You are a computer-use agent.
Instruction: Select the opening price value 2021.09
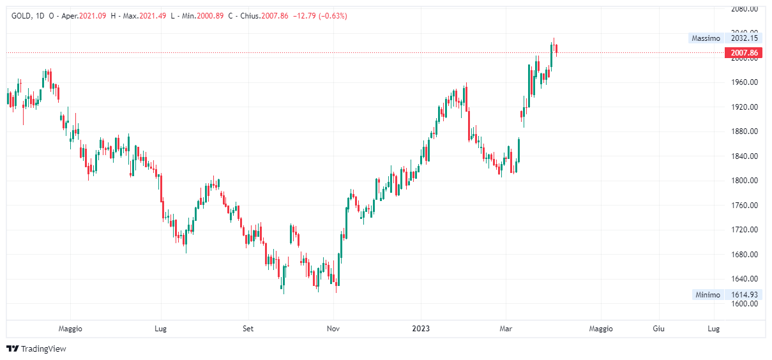point(93,15)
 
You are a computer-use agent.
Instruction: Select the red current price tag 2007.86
point(744,53)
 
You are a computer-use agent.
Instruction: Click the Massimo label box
point(706,38)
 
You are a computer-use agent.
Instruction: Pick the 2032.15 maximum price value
point(744,38)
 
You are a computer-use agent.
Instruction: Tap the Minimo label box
point(708,295)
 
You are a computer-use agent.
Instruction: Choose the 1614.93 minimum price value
point(744,295)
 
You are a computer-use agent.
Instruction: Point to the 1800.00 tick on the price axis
point(745,181)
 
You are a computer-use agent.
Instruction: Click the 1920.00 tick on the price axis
point(745,107)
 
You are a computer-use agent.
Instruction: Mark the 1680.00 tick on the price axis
point(745,255)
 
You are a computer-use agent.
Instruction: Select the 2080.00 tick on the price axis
point(745,9)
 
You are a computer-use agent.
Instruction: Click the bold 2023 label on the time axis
point(421,329)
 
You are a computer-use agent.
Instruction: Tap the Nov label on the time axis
point(333,329)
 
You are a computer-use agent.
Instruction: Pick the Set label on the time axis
point(248,329)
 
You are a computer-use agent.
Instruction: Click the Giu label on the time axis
point(659,329)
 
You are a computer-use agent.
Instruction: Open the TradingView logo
point(36,349)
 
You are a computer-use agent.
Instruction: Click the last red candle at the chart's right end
point(557,49)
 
